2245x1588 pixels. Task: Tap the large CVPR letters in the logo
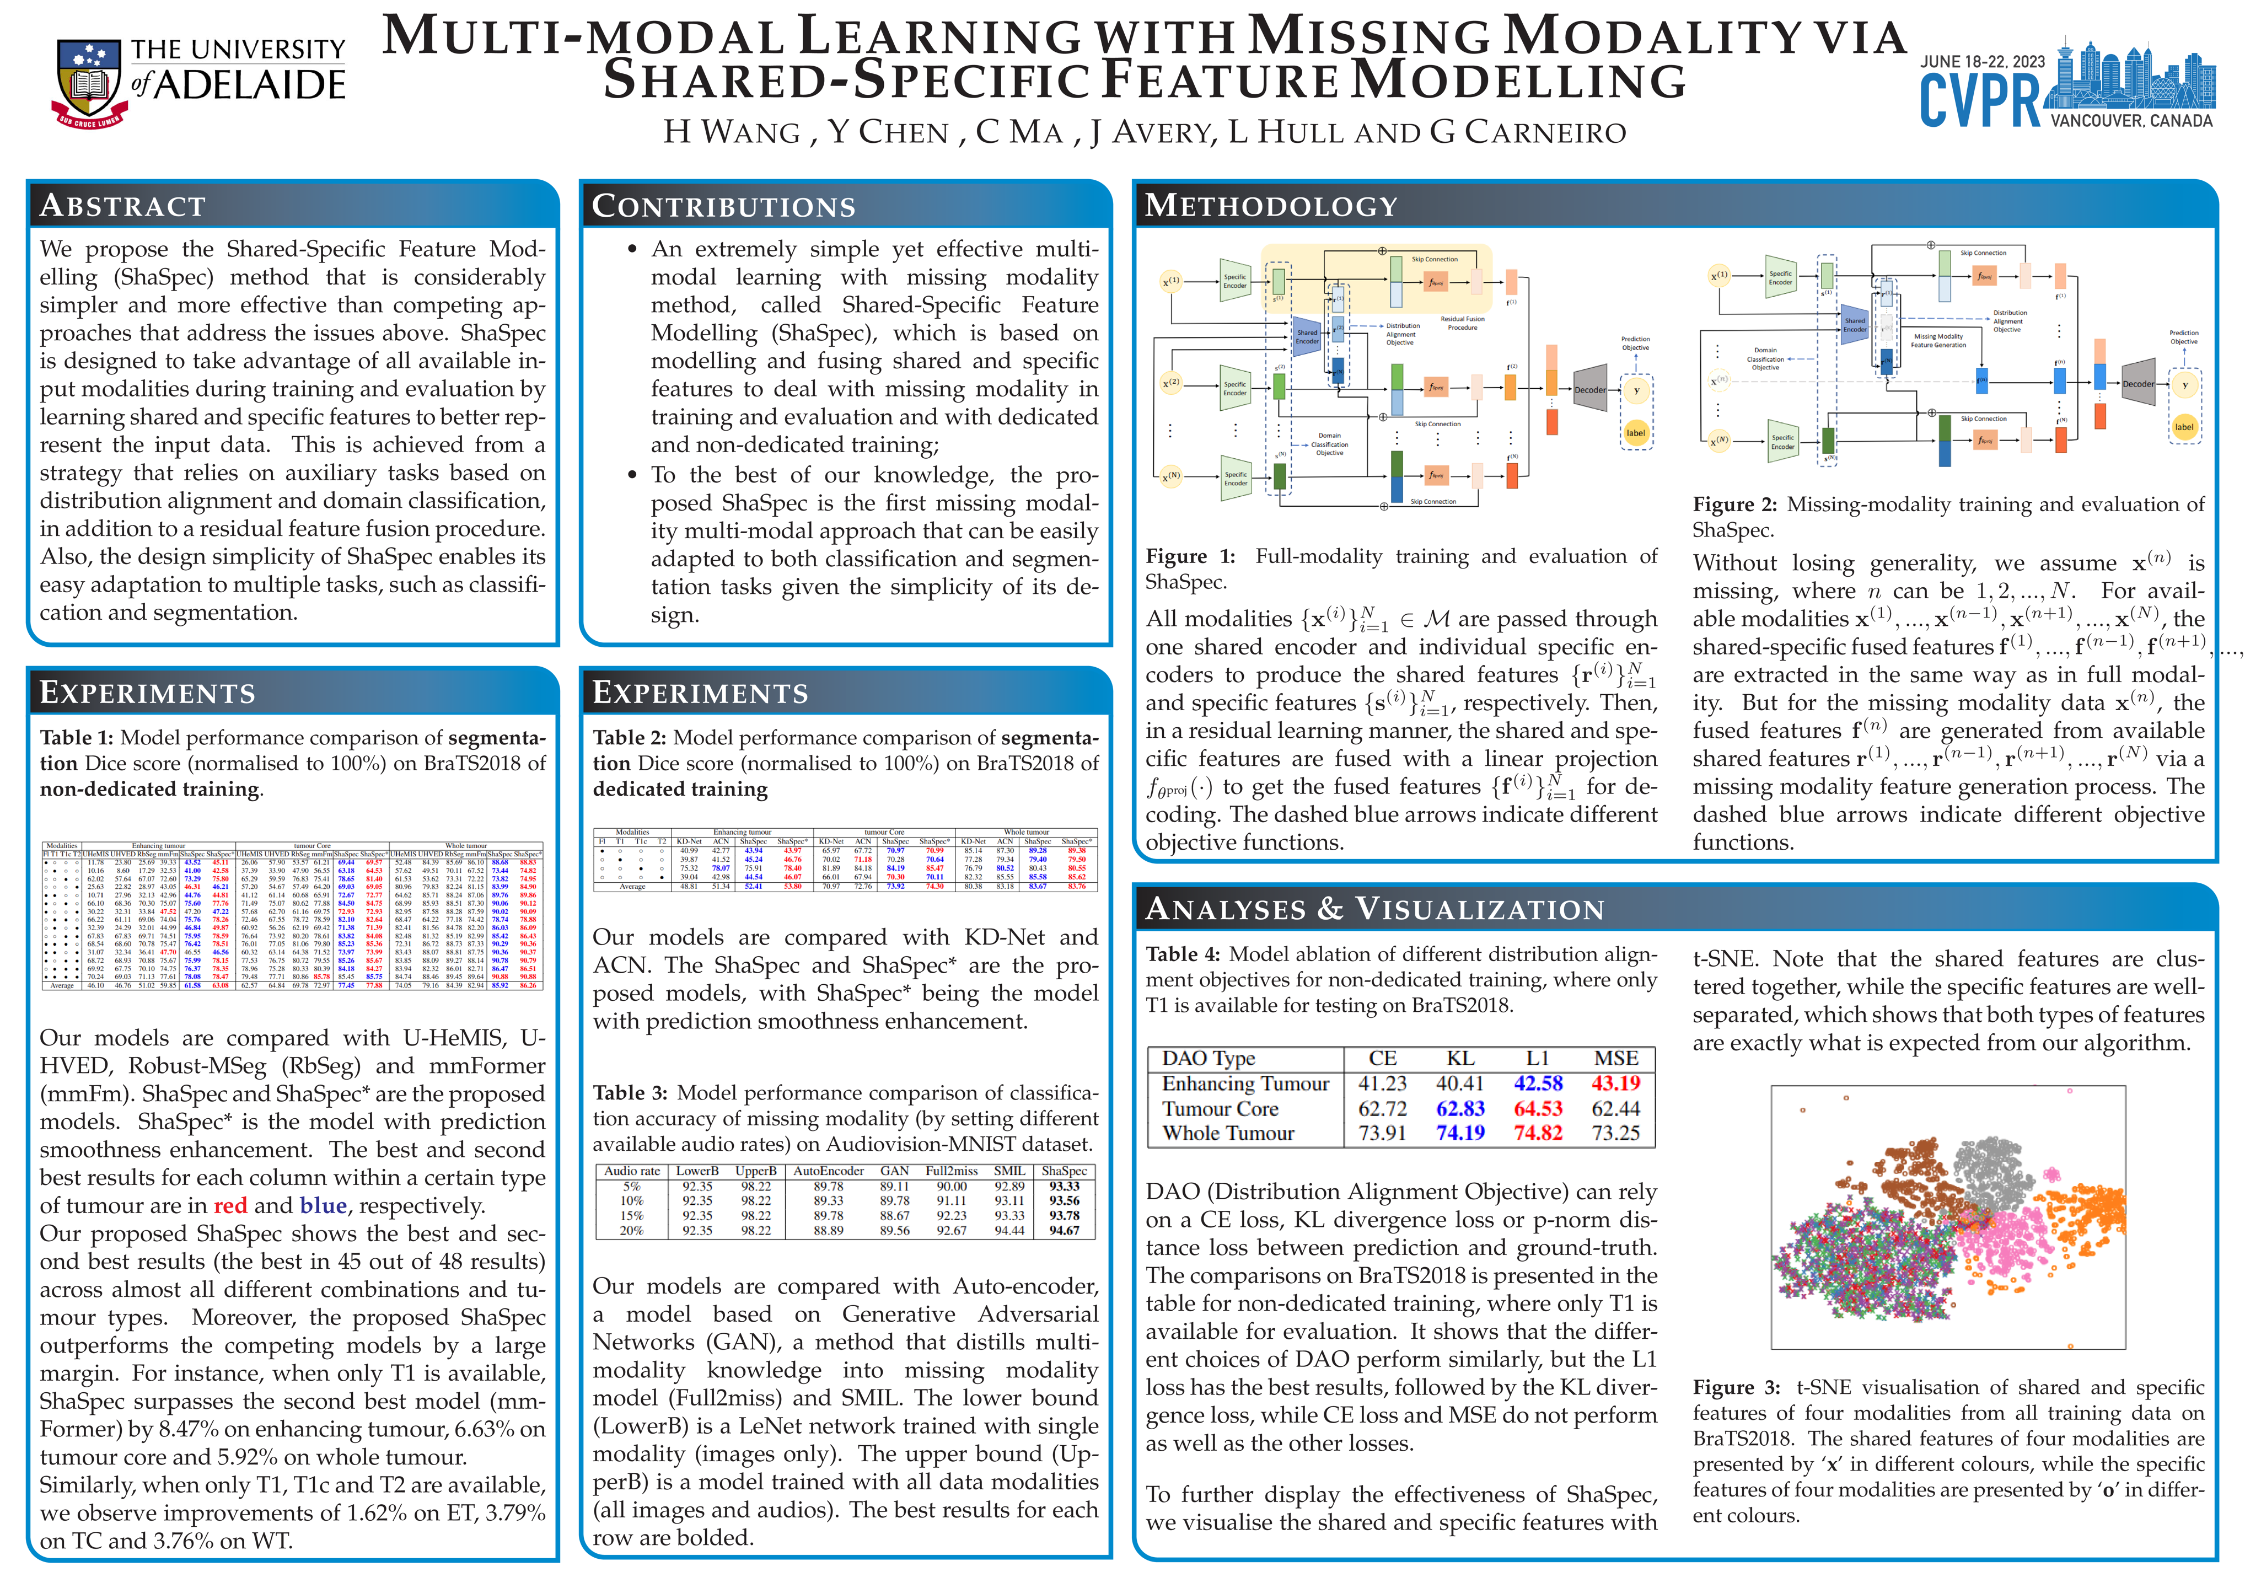[x=1978, y=101]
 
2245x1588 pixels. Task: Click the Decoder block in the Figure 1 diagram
[x=1589, y=389]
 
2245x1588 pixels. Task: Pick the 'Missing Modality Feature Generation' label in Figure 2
[x=1937, y=340]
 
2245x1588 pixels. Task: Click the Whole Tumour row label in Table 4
[x=1227, y=1133]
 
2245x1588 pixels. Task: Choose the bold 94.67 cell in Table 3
[x=1064, y=1230]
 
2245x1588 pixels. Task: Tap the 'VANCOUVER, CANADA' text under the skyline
[x=2130, y=121]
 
